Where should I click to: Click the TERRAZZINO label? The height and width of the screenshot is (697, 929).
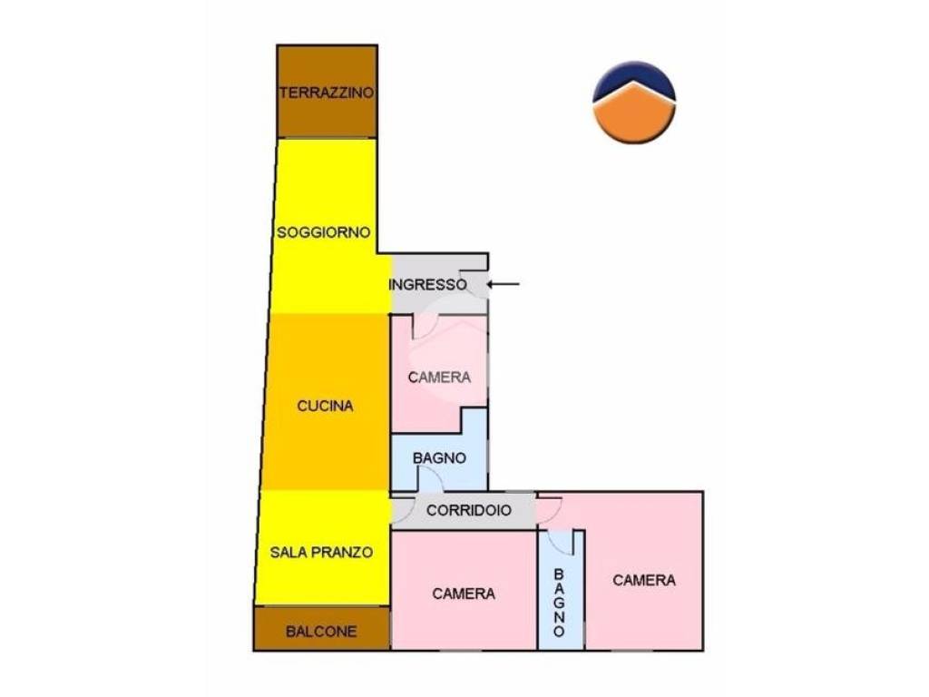(x=327, y=93)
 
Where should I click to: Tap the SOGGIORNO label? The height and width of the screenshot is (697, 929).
(x=324, y=232)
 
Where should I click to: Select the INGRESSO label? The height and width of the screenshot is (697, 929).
(x=427, y=284)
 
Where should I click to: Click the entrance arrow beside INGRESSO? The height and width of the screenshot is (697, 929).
(x=503, y=284)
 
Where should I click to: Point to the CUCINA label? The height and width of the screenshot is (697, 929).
(x=325, y=406)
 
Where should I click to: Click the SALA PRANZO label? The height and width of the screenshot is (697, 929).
(x=321, y=553)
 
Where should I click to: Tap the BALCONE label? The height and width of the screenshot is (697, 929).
(x=321, y=632)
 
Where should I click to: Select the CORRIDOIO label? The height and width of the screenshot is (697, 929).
(x=469, y=510)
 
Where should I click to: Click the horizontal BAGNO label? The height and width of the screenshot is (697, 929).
(x=439, y=458)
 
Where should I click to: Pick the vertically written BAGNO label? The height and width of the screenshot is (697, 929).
(x=559, y=603)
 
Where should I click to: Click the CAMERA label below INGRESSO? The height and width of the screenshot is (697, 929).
(x=439, y=378)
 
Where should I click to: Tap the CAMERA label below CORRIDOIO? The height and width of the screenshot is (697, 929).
(x=464, y=594)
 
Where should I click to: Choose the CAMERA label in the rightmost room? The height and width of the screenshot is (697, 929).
(x=644, y=580)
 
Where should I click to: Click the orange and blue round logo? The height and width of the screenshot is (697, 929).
(x=634, y=103)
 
